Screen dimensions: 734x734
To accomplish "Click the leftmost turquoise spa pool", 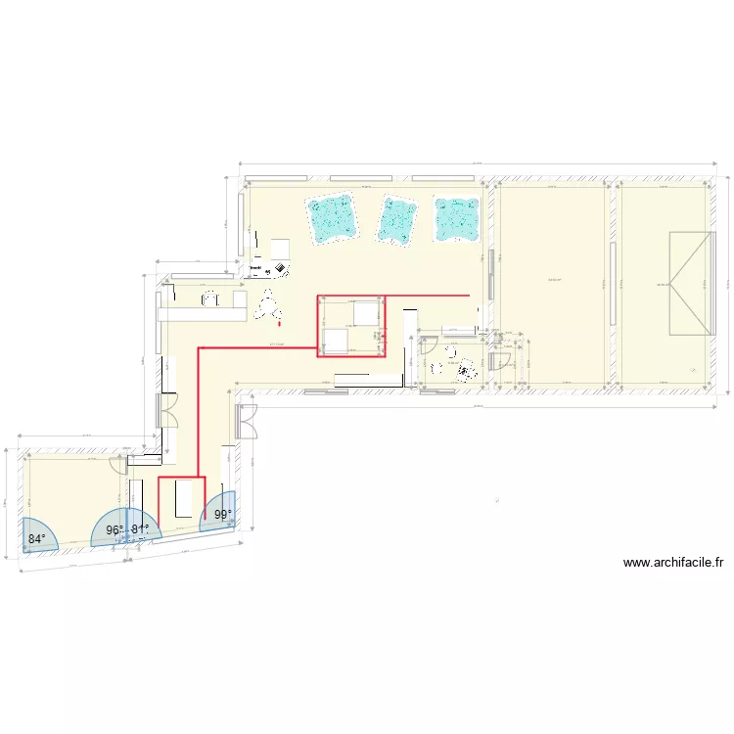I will pos(331,218).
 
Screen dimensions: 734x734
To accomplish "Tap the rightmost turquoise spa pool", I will pos(456,219).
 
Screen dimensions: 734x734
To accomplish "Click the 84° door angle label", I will pos(37,539).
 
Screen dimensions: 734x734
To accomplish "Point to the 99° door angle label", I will pos(223,516).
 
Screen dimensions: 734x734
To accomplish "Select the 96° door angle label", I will pos(115,530).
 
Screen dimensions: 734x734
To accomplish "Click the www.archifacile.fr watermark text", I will pos(673,563).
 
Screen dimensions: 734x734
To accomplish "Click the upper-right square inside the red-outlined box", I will pos(366,312).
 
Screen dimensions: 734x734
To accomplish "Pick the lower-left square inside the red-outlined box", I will pos(333,341).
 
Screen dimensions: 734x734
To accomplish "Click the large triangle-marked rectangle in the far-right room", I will pos(689,285).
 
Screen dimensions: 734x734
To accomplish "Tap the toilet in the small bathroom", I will pos(465,368).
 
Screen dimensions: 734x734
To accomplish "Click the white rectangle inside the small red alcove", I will pos(182,500).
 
